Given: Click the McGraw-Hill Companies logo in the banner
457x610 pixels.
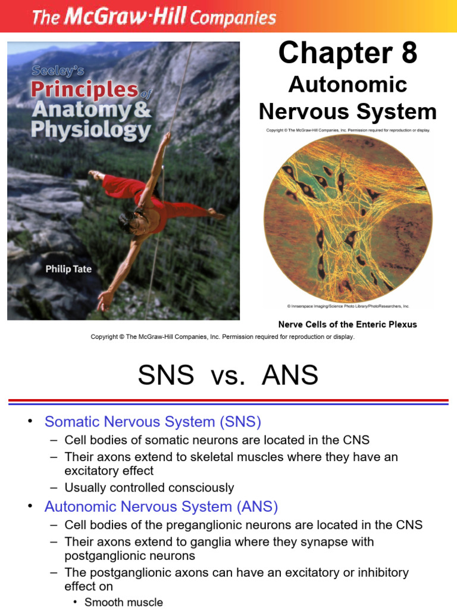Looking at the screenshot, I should coord(154,17).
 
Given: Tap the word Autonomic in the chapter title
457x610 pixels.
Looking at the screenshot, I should coord(348,85).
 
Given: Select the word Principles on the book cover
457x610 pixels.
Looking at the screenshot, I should coord(84,90).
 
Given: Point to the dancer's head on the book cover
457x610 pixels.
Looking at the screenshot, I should coord(130,222).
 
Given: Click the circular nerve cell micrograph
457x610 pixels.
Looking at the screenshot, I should coord(348,217).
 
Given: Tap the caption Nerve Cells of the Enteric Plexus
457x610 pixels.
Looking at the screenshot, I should coord(348,325).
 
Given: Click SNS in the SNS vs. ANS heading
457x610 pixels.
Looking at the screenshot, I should coord(166,376).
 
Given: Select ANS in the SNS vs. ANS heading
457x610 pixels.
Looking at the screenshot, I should coord(290,376).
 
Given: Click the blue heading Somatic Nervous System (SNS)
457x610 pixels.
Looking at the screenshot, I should coord(153,422).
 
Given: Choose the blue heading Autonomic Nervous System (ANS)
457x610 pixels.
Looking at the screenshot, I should coord(161,507).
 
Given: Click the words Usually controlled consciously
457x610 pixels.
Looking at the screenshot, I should coord(149,487).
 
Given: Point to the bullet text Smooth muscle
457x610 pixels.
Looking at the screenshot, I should coord(124,602).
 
